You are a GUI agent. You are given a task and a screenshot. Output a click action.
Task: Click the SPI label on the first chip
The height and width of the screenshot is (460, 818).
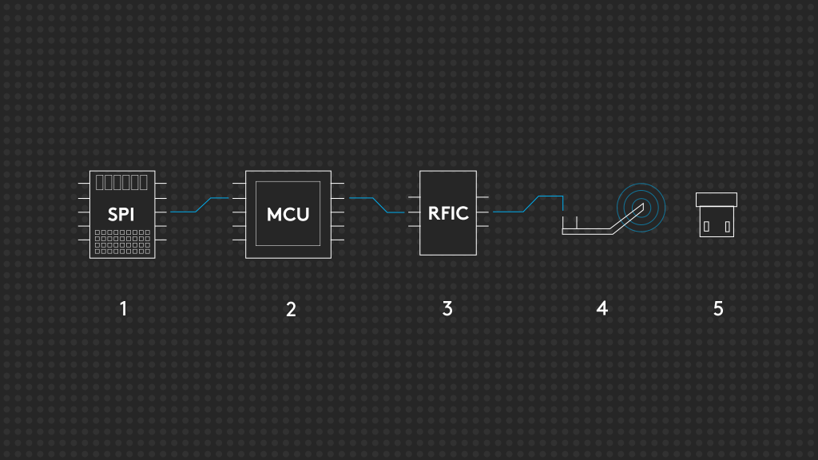[x=121, y=215]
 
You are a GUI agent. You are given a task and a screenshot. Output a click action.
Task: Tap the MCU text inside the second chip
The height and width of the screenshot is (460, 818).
[x=288, y=215]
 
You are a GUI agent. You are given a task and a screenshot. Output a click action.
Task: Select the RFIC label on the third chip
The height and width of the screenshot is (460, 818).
[x=447, y=213]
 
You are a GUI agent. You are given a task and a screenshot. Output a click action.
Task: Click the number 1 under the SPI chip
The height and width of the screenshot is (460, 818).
[x=123, y=307]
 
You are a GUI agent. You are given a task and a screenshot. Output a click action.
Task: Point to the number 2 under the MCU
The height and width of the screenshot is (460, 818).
[x=291, y=309]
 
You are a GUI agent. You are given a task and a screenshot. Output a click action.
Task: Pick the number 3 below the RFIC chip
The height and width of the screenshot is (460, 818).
[x=447, y=307]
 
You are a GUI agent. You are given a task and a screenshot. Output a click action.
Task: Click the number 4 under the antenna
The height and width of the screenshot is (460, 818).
[x=602, y=307]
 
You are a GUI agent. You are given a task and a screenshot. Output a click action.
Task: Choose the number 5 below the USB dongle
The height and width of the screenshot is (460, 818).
[x=718, y=307]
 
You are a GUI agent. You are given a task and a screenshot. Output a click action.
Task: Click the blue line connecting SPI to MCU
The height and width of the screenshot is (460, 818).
[x=200, y=205]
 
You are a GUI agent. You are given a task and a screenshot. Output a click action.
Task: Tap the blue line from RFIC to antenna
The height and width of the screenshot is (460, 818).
[x=527, y=205]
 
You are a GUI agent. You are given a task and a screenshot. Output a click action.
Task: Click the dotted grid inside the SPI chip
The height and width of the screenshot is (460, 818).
[x=122, y=242]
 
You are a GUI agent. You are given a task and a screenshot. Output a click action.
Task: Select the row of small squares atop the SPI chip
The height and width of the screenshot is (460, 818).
[x=121, y=182]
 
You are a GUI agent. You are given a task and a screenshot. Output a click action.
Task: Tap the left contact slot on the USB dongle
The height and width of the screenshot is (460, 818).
[x=706, y=226]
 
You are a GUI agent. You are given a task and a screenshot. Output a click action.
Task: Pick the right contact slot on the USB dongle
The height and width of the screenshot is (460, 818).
[x=727, y=226]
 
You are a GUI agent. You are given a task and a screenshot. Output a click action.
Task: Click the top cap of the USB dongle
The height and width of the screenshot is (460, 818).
[x=717, y=199]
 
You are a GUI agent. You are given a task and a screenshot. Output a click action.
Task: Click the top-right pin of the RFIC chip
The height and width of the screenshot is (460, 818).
[x=482, y=196]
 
